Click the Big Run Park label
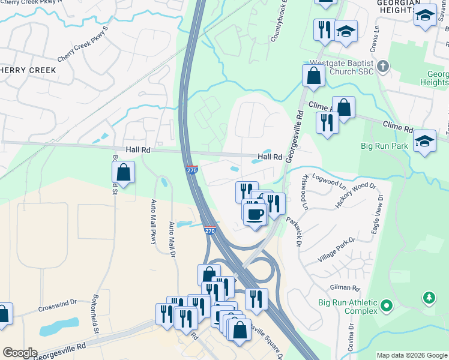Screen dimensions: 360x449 [x=384, y=146]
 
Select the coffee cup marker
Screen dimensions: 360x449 [x=255, y=213]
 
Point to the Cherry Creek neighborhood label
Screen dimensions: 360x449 [x=28, y=70]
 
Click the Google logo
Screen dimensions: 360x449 [x=19, y=353]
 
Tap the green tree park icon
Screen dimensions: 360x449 [x=429, y=298]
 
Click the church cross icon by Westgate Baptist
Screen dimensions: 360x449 [x=384, y=67]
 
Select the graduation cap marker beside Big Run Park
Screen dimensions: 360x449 [x=425, y=142]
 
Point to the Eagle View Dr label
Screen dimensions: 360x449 [x=378, y=206]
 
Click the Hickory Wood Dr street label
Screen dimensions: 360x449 [x=356, y=196]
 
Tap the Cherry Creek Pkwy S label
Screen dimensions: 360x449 [x=83, y=44]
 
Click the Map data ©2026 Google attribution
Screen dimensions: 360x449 [x=411, y=355]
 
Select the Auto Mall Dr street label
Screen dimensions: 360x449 [x=172, y=240]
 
